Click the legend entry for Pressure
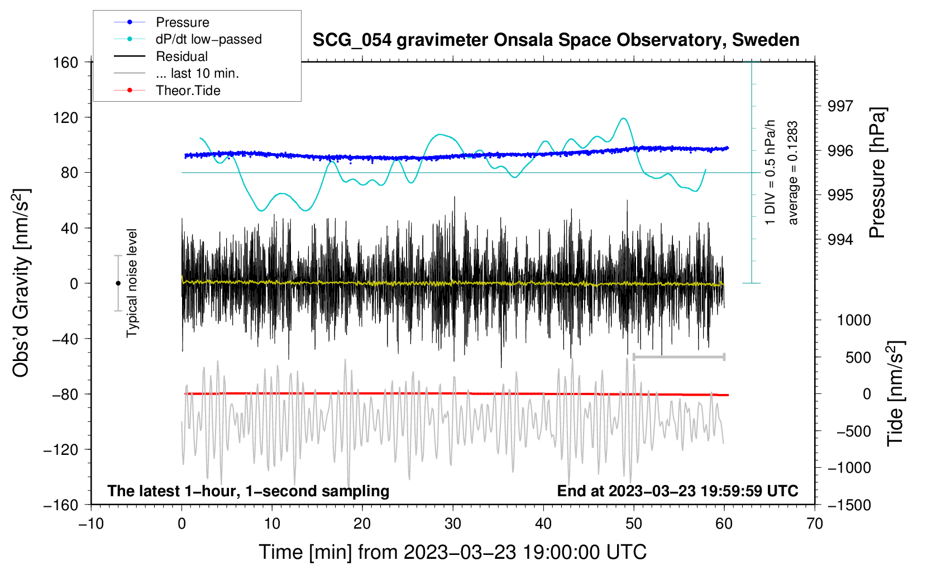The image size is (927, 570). (182, 22)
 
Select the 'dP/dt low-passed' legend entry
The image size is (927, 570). (208, 39)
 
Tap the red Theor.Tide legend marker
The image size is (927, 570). (130, 91)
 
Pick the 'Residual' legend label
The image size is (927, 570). (181, 56)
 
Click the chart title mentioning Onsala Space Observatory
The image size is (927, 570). (556, 40)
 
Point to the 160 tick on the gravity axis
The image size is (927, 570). (66, 63)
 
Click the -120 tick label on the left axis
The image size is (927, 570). (61, 450)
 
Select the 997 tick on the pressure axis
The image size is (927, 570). (840, 106)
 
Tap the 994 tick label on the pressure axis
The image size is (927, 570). (840, 240)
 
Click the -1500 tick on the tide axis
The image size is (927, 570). (849, 505)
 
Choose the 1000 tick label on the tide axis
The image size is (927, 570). (853, 320)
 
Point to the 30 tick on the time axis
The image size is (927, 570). (453, 524)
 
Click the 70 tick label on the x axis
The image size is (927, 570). (815, 524)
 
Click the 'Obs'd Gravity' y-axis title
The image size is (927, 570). (21, 283)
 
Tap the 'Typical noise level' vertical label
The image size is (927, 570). (132, 283)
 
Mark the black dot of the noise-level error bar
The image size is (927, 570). (118, 283)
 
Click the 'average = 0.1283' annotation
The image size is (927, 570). (793, 173)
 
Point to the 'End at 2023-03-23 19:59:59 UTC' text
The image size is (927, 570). (677, 491)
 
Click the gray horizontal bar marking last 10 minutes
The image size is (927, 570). (678, 357)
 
